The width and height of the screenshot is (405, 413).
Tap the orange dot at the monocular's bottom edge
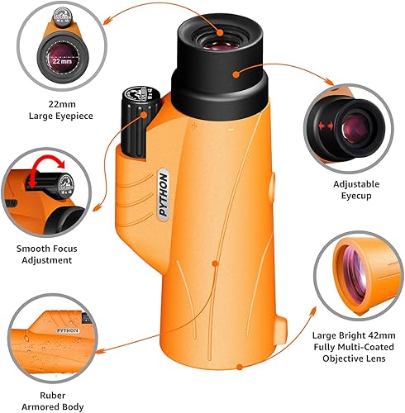point(240,367)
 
